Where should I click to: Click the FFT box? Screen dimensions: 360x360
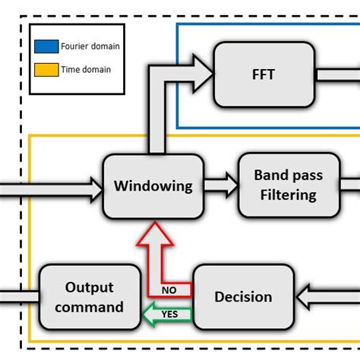click(x=264, y=74)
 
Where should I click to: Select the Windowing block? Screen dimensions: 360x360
click(x=153, y=186)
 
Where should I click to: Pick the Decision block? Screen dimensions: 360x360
click(x=243, y=297)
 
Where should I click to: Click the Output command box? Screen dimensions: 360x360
click(x=90, y=297)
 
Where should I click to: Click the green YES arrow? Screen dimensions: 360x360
click(x=166, y=311)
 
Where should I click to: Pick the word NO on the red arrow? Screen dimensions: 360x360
click(x=171, y=290)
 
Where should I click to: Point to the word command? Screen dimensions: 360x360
click(x=90, y=307)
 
